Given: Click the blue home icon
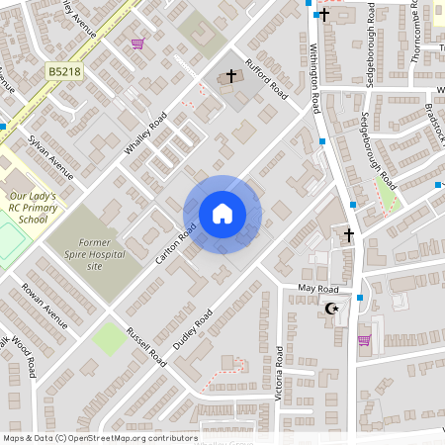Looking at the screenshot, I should click(222, 214).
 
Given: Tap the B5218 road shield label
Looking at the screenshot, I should click(63, 72).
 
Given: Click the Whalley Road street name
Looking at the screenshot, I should click(144, 136).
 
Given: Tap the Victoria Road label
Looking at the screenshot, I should click(280, 372).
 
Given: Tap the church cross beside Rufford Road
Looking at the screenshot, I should click(232, 75).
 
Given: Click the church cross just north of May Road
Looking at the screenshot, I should click(348, 235).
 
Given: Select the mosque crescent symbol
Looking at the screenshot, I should click(332, 310).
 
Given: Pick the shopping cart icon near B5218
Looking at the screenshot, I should click(137, 43).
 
